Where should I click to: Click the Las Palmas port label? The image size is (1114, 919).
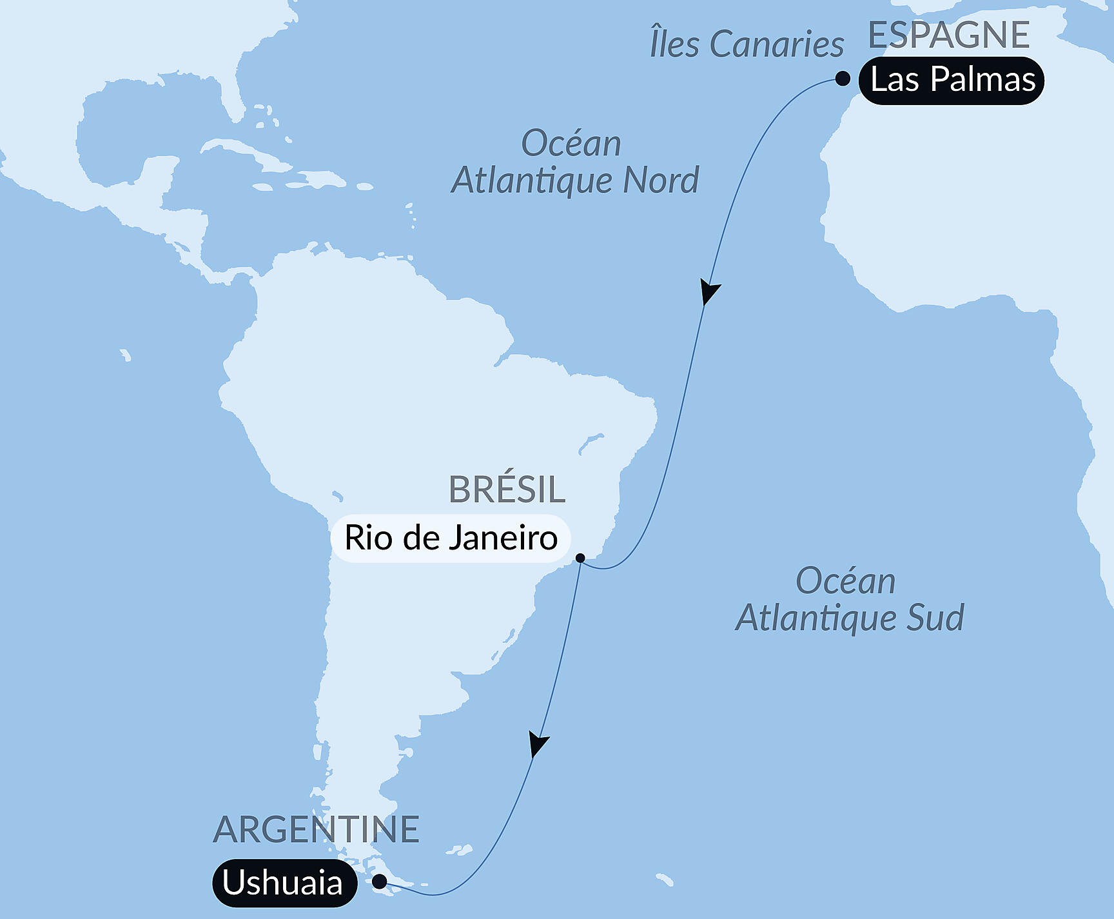[x=952, y=81]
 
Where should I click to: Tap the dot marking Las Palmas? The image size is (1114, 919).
[x=843, y=79]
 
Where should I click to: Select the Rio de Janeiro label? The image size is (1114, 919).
[x=451, y=539]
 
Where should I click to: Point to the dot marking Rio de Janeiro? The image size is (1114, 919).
[x=580, y=558]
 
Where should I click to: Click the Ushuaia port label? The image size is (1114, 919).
[x=283, y=883]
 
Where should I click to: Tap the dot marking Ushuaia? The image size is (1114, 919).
[x=380, y=881]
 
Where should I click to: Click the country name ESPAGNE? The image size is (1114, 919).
[x=948, y=35]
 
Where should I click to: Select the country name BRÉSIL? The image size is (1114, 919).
[x=507, y=490]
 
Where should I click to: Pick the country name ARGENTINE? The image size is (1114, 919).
[x=316, y=830]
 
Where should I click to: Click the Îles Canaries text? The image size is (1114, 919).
[x=747, y=44]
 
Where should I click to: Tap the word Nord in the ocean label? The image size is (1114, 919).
[x=660, y=181]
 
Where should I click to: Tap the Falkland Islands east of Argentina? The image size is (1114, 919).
[x=460, y=851]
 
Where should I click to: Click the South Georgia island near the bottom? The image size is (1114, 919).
[x=665, y=880]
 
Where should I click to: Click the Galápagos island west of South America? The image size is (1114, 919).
[x=125, y=355]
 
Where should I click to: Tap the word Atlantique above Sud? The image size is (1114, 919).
[x=817, y=618]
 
